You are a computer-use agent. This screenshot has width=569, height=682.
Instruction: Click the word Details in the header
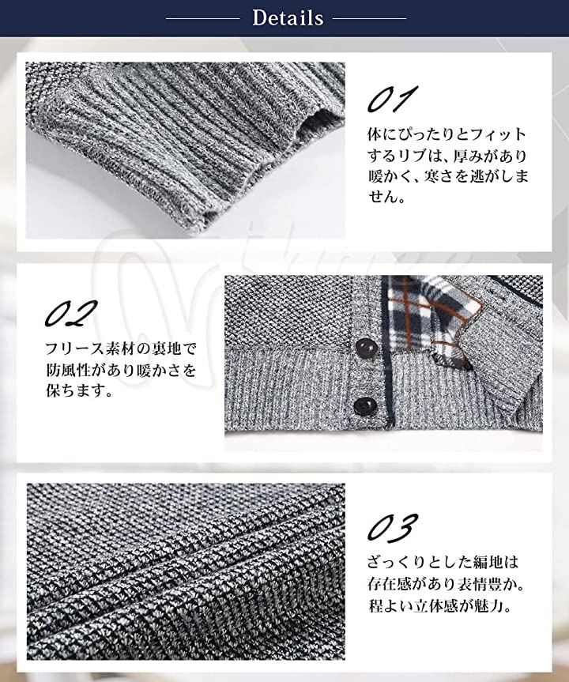click(x=288, y=18)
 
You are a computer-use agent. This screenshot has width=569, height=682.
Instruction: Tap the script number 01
click(x=393, y=99)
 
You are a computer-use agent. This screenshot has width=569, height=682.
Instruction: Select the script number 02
click(x=71, y=314)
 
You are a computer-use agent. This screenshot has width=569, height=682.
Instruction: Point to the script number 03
click(x=393, y=527)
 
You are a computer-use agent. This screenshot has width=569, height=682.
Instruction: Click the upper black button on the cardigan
click(x=364, y=348)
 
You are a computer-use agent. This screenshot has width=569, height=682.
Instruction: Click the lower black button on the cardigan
click(x=362, y=405)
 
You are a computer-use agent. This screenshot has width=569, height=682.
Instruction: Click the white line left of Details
click(x=203, y=19)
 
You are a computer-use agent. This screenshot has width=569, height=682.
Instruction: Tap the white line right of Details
click(x=370, y=19)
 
